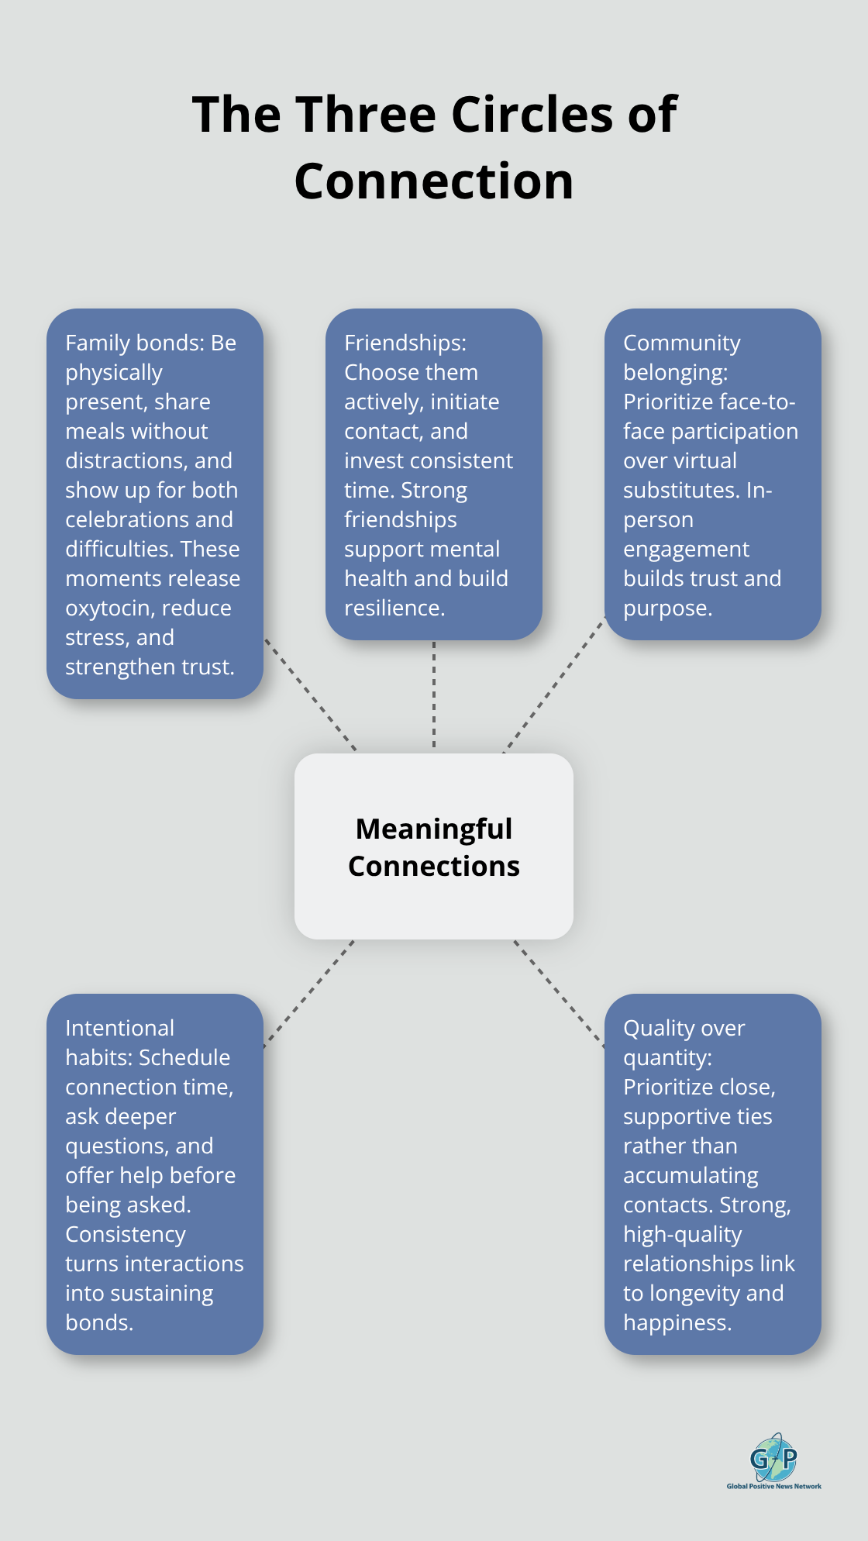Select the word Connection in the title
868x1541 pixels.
pyautogui.click(x=434, y=181)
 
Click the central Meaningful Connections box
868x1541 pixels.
pyautogui.click(x=434, y=846)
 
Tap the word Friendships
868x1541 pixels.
pyautogui.click(x=405, y=343)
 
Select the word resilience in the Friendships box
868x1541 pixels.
pyautogui.click(x=394, y=608)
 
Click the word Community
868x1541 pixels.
pyautogui.click(x=682, y=343)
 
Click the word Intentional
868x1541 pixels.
pyautogui.click(x=119, y=1028)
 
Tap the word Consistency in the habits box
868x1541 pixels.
pyautogui.click(x=126, y=1234)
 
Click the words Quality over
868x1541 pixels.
pyautogui.click(x=684, y=1028)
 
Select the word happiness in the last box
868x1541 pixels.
pyautogui.click(x=676, y=1322)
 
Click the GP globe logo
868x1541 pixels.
pyautogui.click(x=773, y=1457)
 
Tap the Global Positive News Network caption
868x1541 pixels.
pyautogui.click(x=773, y=1486)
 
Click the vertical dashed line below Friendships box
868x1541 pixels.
pyautogui.click(x=434, y=695)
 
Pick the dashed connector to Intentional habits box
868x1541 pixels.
pyautogui.click(x=309, y=994)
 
